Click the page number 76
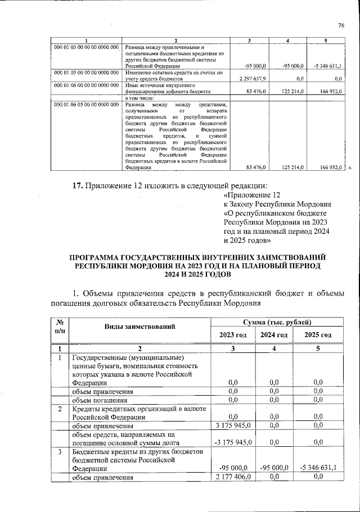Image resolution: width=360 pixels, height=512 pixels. [341, 25]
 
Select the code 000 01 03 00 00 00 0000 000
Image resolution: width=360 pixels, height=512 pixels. [86, 47]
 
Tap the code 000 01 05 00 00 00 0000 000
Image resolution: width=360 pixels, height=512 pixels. [86, 73]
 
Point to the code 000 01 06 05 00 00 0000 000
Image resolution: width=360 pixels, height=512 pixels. [86, 105]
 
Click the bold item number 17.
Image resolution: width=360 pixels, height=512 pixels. [78, 186]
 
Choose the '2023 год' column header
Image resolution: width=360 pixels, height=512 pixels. [232, 335]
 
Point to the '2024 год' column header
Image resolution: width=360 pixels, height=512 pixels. [274, 335]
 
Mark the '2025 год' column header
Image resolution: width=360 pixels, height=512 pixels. [318, 335]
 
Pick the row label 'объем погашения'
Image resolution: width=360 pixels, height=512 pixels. [103, 400]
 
